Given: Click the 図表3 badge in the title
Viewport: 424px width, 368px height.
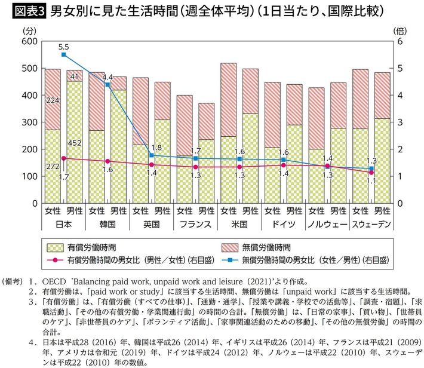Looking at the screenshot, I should (x=24, y=11).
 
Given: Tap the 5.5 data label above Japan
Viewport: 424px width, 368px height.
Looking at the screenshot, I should (x=64, y=46).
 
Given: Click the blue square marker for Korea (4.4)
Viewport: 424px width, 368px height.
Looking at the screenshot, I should (x=107, y=85).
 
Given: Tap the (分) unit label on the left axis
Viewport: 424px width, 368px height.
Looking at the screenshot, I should (x=27, y=29).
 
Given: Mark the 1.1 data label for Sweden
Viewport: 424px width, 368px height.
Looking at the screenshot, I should (x=370, y=180).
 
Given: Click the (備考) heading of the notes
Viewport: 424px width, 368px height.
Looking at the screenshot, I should (x=13, y=280).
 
